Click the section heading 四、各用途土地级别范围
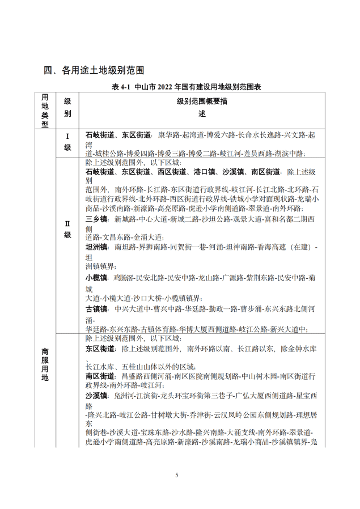(94, 70)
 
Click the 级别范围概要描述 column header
(202, 107)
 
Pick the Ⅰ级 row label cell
(67, 142)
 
